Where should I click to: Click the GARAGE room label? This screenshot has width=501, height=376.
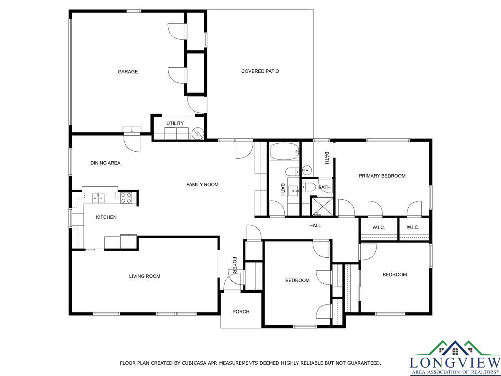pos(128,72)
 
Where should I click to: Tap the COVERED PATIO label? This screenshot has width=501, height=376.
pos(260,71)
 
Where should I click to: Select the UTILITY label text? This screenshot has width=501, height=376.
pos(175,123)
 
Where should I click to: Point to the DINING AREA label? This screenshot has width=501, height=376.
pos(105,163)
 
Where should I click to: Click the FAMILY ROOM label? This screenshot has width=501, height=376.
pos(202,185)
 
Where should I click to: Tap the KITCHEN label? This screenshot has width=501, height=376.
pos(106,217)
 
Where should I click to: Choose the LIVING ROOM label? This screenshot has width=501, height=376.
pos(144,276)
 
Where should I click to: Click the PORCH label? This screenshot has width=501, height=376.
pos(241,312)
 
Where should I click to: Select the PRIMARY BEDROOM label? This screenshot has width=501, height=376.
pos(382,176)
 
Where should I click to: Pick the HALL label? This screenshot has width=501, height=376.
pos(315,226)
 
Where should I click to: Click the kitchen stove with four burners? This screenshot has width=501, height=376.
pos(126,198)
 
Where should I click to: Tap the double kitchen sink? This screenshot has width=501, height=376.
pos(98,198)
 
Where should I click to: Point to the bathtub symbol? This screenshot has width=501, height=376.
pos(285,151)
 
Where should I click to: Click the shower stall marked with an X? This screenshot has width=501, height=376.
pos(322,207)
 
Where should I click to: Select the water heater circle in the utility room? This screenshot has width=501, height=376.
pos(197,134)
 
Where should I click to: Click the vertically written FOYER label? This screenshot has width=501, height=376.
pos(234,265)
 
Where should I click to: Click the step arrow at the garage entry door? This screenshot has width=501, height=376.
pos(132,130)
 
